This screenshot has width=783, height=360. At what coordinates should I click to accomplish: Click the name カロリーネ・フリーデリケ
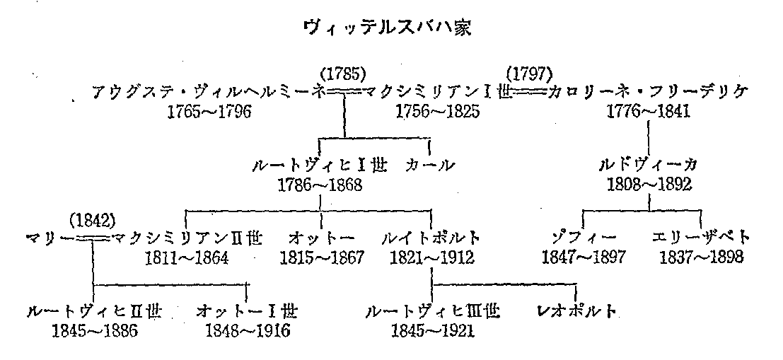(648, 93)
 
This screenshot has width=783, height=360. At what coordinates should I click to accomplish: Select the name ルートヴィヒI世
(320, 167)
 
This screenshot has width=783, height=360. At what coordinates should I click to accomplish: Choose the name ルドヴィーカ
(649, 167)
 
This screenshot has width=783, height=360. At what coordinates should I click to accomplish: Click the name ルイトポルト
(431, 238)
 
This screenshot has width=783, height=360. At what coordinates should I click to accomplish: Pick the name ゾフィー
(584, 238)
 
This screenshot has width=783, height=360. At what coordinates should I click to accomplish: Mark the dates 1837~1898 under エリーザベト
(702, 257)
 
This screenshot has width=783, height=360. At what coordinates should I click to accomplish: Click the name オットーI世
(247, 312)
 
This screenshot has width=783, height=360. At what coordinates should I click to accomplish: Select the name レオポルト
(576, 312)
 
